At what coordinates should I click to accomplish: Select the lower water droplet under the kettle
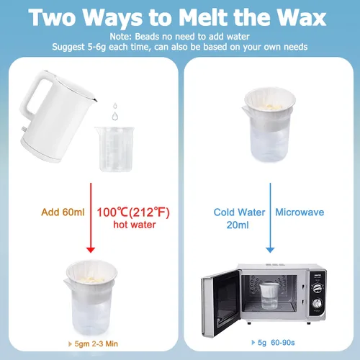click(x=115, y=116)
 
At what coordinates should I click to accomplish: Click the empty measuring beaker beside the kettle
click(x=115, y=149)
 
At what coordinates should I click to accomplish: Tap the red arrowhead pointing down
click(x=91, y=250)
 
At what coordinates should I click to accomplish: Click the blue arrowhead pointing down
click(x=270, y=250)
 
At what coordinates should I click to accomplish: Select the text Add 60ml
click(x=63, y=212)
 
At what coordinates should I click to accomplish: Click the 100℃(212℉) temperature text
click(x=133, y=212)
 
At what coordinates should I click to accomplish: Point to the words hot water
click(x=135, y=225)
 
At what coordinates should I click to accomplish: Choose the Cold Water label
click(x=239, y=212)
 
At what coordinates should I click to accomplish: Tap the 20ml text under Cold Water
click(x=238, y=225)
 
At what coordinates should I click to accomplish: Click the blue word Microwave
click(x=300, y=212)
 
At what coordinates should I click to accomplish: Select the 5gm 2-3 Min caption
click(x=96, y=343)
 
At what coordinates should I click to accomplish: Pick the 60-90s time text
click(x=283, y=343)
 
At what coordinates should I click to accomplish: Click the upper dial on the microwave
click(x=318, y=288)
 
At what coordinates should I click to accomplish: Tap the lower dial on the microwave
click(x=317, y=303)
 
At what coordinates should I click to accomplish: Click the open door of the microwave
click(x=220, y=304)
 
